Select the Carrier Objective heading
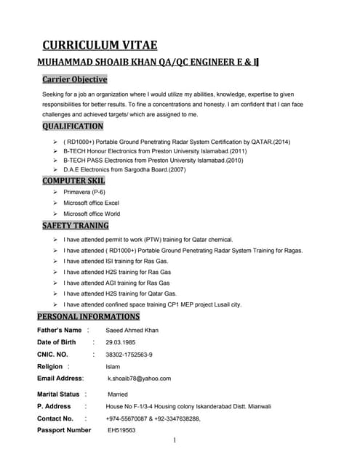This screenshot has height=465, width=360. coord(74,79)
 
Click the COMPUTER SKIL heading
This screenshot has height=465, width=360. coord(73,180)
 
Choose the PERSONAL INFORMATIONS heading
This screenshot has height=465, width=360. coord(89,317)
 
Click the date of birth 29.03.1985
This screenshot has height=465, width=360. coord(123,342)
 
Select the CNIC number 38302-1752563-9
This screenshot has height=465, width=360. coord(129,355)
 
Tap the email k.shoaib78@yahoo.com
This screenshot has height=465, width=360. coord(140,379)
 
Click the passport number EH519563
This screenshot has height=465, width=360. coord(121,430)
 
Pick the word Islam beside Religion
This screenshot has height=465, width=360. coord(113,367)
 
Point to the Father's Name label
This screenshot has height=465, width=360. coord(60,330)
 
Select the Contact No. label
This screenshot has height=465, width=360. coord(55,418)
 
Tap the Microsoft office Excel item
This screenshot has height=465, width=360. coord(91,203)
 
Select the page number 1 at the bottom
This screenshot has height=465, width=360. coord(176,441)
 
